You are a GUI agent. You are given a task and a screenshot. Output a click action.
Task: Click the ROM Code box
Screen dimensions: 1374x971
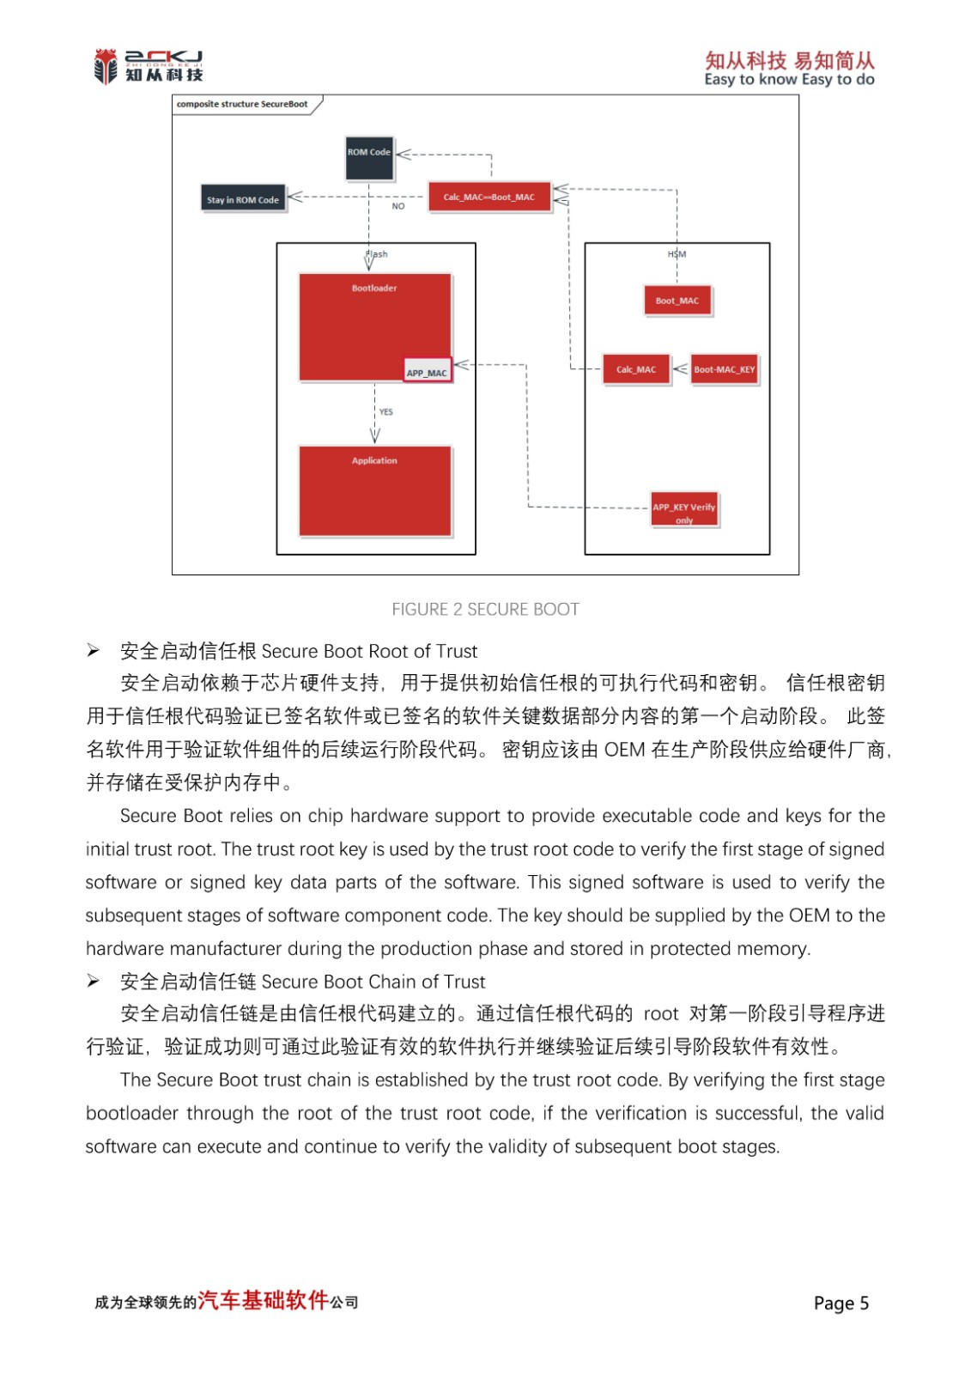point(369,158)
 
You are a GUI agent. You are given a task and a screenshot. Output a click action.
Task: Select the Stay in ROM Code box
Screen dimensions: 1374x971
point(243,199)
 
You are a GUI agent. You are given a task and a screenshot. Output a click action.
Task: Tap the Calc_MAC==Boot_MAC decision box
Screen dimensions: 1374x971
point(489,197)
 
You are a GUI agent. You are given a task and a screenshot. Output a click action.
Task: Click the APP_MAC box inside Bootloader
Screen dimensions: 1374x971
point(427,371)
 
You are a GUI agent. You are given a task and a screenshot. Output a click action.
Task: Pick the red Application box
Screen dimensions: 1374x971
point(374,490)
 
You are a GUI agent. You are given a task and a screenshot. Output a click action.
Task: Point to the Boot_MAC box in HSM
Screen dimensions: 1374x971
point(677,301)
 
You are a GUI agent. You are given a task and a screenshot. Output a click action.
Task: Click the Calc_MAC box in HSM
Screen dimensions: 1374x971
point(635,369)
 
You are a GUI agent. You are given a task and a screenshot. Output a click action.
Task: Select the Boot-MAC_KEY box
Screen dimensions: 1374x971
point(725,369)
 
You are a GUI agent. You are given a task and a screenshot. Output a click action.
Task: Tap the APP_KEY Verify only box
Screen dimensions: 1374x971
point(684,510)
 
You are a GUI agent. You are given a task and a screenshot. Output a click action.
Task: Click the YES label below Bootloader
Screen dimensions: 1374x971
point(386,412)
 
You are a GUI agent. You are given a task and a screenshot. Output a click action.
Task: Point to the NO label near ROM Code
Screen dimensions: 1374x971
point(398,206)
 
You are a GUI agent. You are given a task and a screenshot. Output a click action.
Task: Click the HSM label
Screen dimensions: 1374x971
point(677,254)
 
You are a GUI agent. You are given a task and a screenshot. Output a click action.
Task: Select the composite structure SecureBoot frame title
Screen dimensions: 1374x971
point(242,104)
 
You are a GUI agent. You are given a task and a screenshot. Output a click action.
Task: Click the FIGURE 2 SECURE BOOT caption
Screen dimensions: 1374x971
point(485,609)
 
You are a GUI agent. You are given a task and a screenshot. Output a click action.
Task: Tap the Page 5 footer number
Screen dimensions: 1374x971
point(841,1303)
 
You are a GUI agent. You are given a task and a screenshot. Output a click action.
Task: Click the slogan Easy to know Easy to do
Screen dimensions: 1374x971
point(789,80)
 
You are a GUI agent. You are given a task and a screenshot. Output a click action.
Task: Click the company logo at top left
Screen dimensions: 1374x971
point(149,66)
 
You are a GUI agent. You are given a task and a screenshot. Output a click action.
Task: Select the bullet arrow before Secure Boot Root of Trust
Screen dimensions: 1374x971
point(94,651)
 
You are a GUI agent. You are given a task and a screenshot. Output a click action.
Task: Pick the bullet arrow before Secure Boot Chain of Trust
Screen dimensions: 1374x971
point(94,982)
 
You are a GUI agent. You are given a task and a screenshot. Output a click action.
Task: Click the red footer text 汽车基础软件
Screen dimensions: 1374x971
point(264,1300)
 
